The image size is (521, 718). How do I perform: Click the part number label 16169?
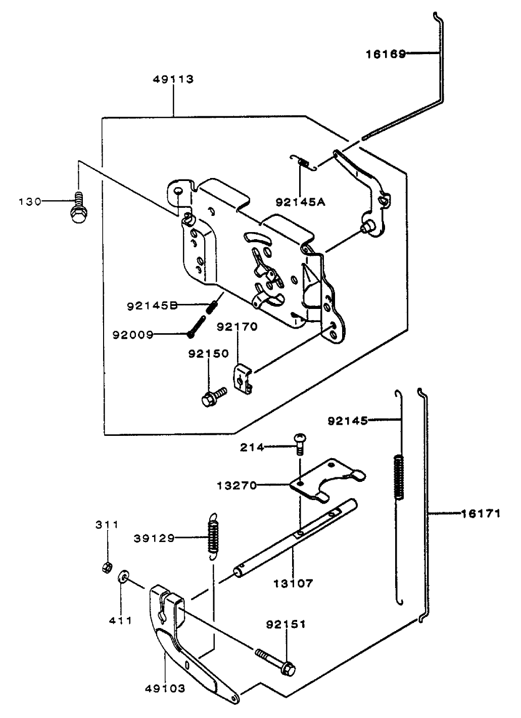point(386,54)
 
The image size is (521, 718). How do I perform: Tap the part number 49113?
point(173,79)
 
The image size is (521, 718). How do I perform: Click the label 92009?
point(133,334)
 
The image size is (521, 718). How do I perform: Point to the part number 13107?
point(293,583)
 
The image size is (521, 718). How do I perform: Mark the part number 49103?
point(165,689)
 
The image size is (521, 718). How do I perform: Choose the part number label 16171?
point(481,514)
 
